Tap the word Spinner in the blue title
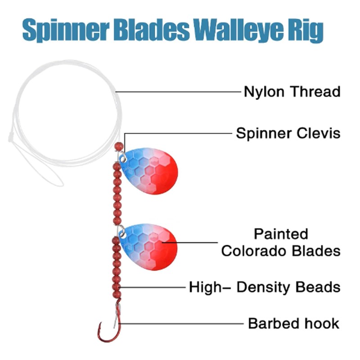(x=66, y=31)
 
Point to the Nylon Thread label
(x=292, y=92)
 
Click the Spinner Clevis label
(x=288, y=133)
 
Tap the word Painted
(x=281, y=234)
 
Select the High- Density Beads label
(x=265, y=288)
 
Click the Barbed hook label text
(x=294, y=324)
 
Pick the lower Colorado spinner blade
(x=148, y=247)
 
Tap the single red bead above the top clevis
(x=119, y=147)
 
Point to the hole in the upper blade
(x=123, y=158)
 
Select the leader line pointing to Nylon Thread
(x=178, y=92)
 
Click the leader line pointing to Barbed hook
(x=181, y=324)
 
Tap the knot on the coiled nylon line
(x=10, y=137)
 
